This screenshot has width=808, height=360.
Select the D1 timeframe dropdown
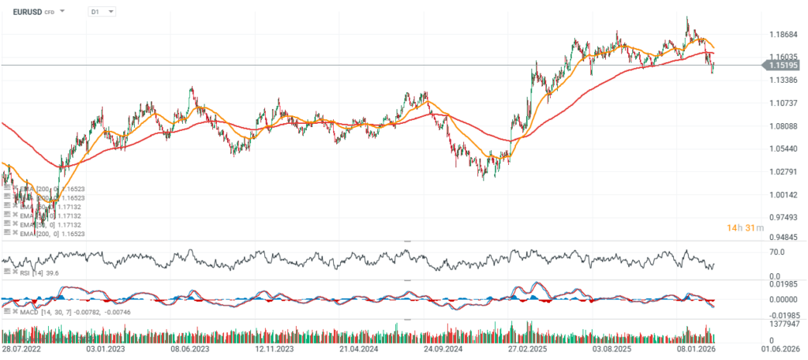click(100, 13)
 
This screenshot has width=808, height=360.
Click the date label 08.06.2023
click(189, 347)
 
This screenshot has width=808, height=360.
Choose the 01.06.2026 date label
click(781, 347)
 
